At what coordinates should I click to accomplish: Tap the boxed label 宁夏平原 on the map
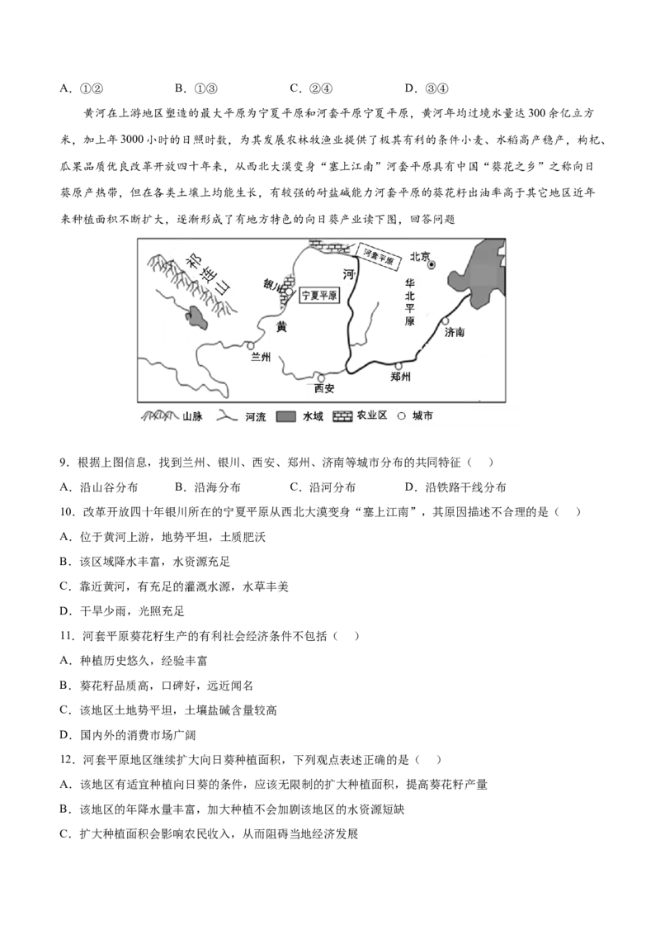click(318, 295)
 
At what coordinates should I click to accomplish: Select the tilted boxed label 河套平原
click(379, 257)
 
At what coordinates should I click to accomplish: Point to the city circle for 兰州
click(250, 345)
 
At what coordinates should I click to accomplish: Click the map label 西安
click(324, 388)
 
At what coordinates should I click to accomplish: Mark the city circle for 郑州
click(399, 366)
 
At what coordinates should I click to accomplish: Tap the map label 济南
click(455, 332)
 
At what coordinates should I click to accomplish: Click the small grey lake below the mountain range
click(196, 319)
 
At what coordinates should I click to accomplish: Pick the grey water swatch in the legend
click(286, 416)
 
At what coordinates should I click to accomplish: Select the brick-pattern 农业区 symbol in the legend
click(342, 416)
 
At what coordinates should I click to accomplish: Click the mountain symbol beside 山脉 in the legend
click(160, 415)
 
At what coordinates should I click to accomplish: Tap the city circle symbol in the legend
click(402, 416)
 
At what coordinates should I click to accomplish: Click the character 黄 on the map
click(282, 327)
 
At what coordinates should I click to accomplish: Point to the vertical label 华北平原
click(410, 301)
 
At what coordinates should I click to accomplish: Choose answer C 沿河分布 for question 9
click(323, 487)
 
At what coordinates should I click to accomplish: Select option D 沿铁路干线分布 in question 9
click(455, 487)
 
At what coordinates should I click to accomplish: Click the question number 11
click(67, 636)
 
